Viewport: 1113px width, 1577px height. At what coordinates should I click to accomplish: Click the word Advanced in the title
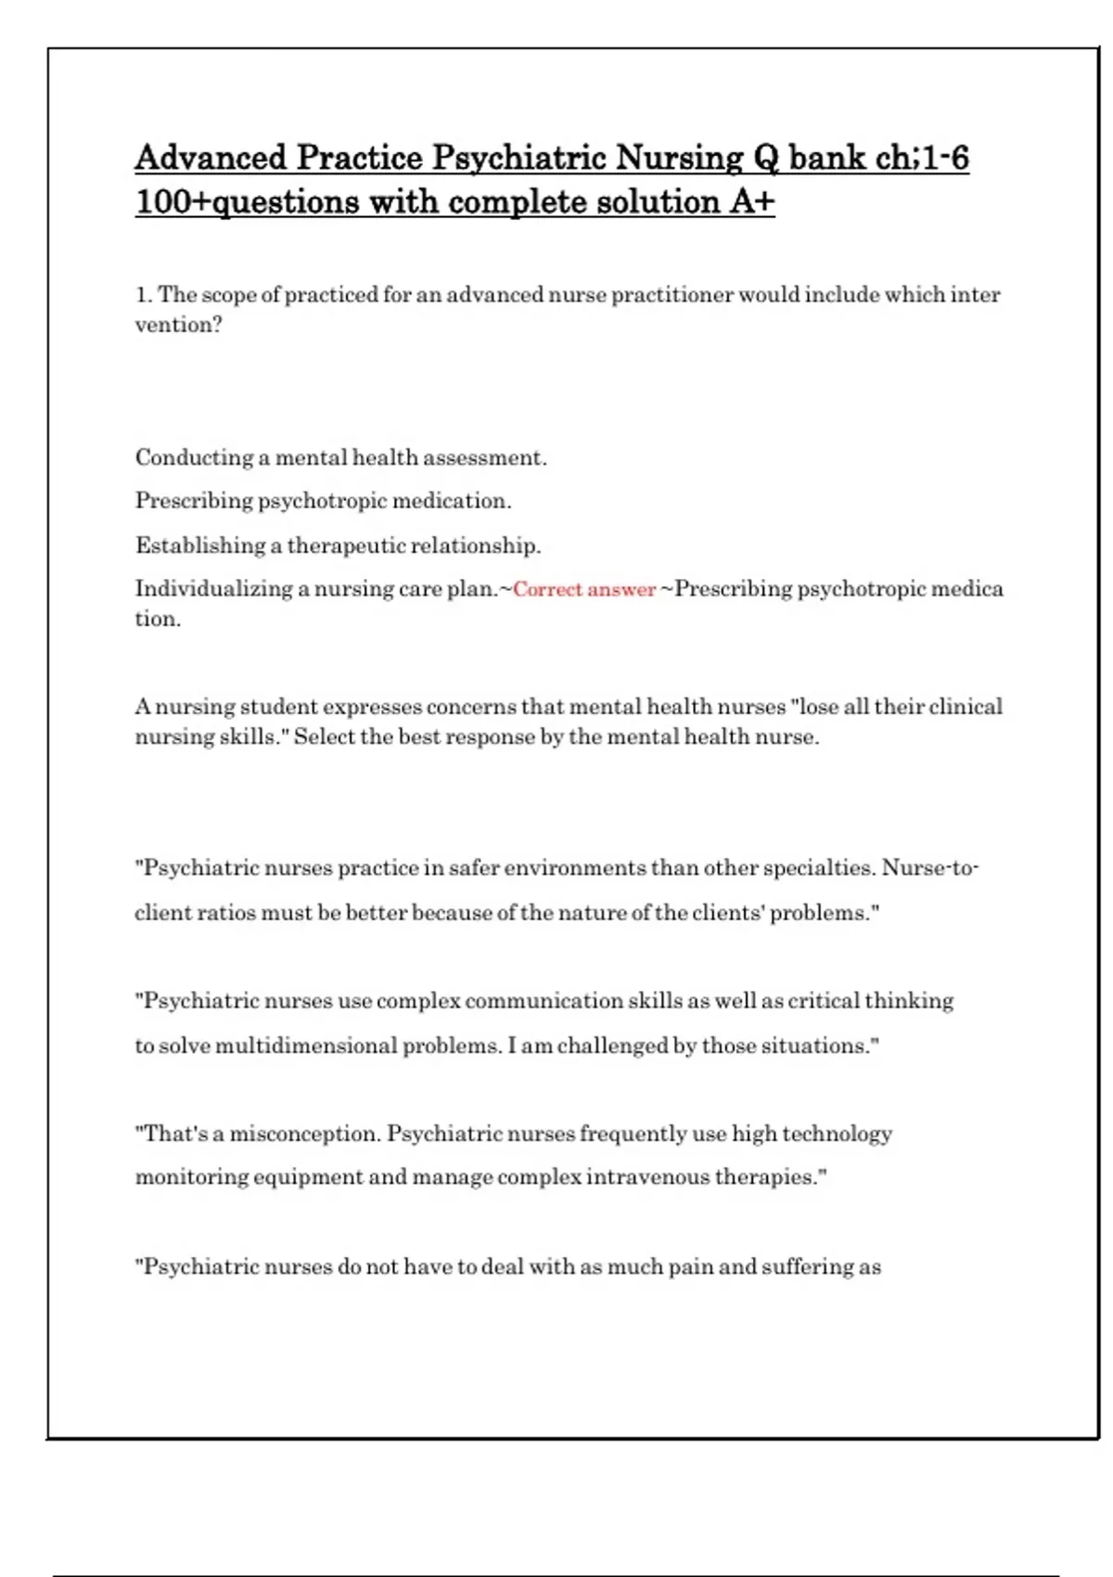211,158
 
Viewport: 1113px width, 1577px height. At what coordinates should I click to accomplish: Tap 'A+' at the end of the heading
752,202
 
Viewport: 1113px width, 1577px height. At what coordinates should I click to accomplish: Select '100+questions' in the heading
247,202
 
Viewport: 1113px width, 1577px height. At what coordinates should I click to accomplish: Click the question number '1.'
144,295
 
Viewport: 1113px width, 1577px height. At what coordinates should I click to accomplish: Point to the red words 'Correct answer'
584,590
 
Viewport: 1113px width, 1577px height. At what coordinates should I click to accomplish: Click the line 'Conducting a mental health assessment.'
340,457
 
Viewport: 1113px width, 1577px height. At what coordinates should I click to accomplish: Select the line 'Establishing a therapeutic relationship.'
338,545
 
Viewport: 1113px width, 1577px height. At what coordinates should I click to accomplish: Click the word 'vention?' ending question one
178,325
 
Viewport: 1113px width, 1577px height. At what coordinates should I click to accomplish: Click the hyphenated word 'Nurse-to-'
929,868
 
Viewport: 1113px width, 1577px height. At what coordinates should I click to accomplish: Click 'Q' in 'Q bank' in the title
767,158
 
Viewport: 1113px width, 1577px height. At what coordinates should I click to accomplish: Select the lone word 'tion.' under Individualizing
158,620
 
